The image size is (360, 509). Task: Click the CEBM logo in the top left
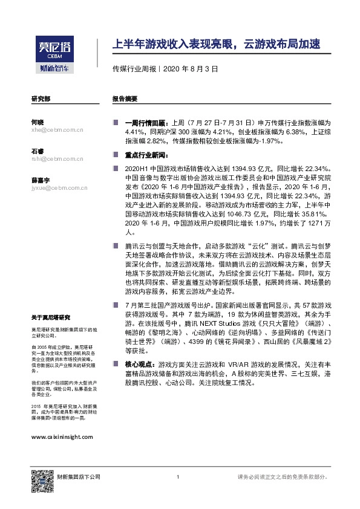tap(53, 55)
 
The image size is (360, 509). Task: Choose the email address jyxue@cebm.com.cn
tap(59, 188)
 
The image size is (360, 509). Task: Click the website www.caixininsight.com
tap(62, 436)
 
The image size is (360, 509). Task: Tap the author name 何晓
tap(38, 122)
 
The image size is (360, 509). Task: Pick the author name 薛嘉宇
tap(40, 180)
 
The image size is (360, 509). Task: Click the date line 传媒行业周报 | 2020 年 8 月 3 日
tap(165, 69)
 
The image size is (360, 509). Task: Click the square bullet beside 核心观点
tap(115, 365)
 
